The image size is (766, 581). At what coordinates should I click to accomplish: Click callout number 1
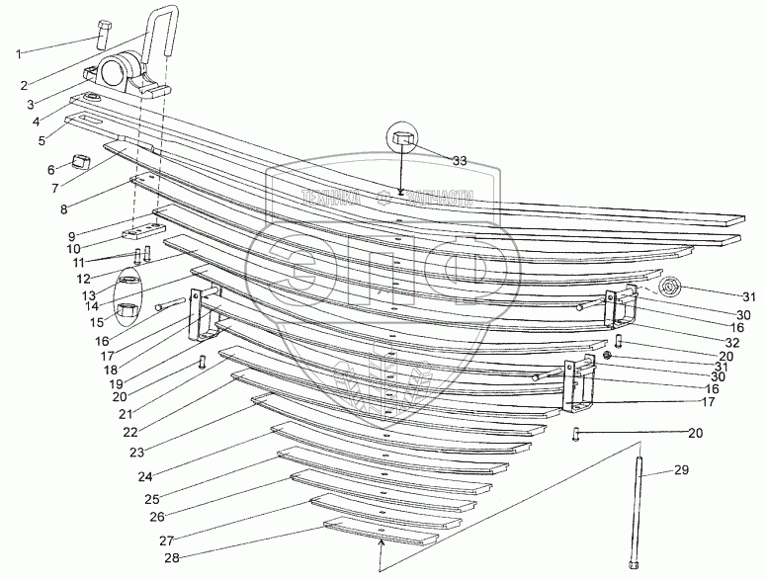20,50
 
